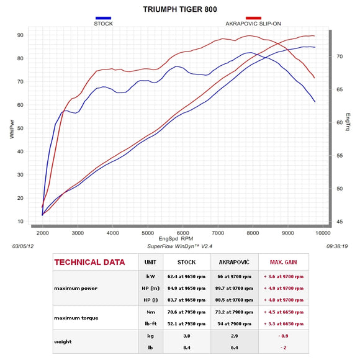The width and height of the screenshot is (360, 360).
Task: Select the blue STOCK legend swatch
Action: [103, 19]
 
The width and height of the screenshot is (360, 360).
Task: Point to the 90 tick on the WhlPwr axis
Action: [20, 35]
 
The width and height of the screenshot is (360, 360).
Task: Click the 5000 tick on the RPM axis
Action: [147, 233]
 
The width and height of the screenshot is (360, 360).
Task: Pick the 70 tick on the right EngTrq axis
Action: [339, 56]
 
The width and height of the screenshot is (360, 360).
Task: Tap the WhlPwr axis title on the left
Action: [12, 128]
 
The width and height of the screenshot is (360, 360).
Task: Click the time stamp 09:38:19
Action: [336, 246]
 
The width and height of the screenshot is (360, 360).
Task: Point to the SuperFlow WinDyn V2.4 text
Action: [179, 246]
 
